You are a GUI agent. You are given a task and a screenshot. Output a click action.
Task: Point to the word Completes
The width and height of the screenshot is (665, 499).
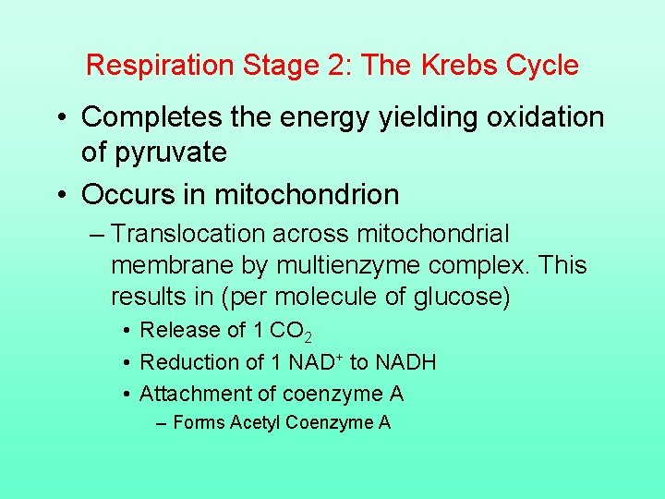[152, 117]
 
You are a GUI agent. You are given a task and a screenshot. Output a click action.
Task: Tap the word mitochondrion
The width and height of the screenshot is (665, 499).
[307, 195]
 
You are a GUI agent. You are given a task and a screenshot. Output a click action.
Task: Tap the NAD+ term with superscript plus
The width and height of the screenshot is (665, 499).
[317, 362]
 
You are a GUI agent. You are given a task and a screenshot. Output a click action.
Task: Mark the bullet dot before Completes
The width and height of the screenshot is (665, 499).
[62, 118]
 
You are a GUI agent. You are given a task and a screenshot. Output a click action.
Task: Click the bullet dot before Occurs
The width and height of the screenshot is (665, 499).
[62, 196]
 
